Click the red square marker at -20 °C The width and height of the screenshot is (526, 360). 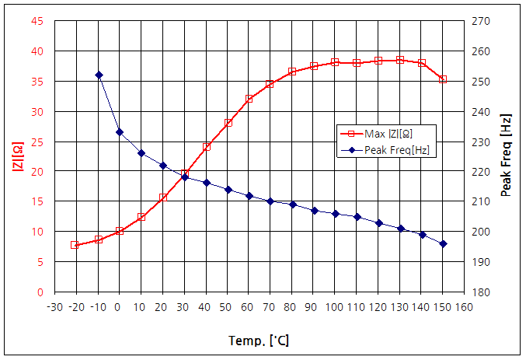point(75,245)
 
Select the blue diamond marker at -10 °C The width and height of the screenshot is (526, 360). point(99,75)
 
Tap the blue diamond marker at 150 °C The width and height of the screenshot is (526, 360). point(443,244)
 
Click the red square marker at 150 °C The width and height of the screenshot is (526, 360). point(443,79)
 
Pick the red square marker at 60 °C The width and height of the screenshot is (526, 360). point(249,99)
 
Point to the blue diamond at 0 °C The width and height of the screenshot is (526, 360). point(120,132)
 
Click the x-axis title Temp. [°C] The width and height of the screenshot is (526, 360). point(260,341)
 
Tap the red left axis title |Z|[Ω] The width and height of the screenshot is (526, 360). point(16,156)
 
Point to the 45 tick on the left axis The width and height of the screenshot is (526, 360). point(37,21)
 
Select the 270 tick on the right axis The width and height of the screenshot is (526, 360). point(482,21)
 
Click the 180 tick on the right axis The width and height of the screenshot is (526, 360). point(482,292)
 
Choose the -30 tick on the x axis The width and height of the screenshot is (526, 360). point(54,306)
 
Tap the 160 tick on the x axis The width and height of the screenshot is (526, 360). point(465,306)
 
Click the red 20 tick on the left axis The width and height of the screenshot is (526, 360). point(37,172)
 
